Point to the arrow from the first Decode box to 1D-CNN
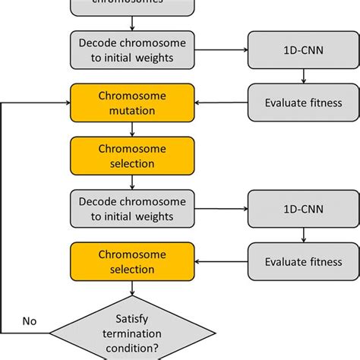point(222,49)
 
